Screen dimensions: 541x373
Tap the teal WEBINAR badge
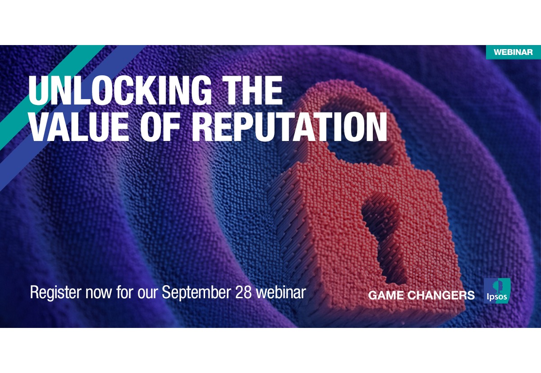pyautogui.click(x=513, y=52)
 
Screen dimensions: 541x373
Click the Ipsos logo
pyautogui.click(x=497, y=291)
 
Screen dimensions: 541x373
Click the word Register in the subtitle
pyautogui.click(x=55, y=293)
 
